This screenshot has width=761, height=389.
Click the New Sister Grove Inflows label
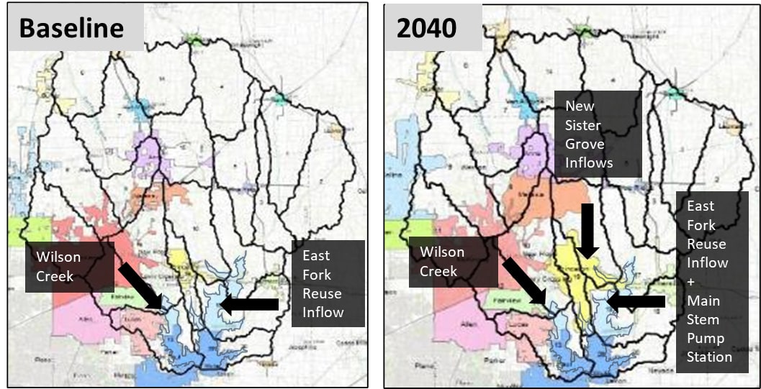pyautogui.click(x=589, y=134)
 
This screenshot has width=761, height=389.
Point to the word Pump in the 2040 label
pyautogui.click(x=703, y=338)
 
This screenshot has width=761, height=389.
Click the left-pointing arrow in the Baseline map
pyautogui.click(x=249, y=305)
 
